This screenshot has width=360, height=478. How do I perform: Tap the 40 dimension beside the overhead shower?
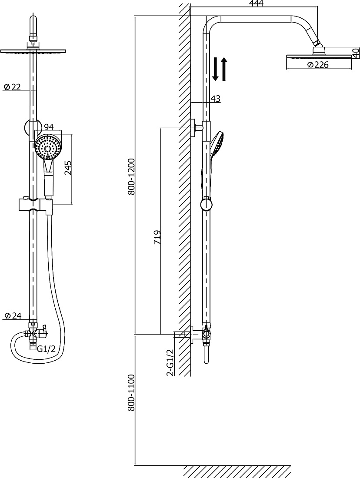356,53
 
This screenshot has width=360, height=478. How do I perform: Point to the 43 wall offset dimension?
215,99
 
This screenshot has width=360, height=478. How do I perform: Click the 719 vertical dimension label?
157,237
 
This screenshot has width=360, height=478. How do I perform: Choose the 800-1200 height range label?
131,177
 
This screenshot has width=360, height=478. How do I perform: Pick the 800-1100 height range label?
131,393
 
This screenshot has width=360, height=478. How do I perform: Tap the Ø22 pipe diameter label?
12,87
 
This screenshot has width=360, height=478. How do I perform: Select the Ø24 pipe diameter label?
13,315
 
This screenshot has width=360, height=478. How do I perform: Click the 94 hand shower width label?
49,127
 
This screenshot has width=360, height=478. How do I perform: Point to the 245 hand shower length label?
68,167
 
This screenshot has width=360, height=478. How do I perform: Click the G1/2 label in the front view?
46,349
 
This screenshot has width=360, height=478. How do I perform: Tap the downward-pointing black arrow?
215,69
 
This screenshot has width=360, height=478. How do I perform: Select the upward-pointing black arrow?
224,69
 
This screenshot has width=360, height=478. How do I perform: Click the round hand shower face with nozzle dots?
48,147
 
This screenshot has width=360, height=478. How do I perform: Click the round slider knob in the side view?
206,205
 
